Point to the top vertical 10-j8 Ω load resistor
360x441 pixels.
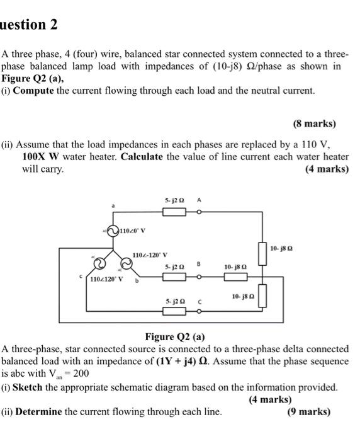pyautogui.click(x=262, y=249)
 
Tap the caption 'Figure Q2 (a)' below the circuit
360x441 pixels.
pyautogui.click(x=175, y=336)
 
